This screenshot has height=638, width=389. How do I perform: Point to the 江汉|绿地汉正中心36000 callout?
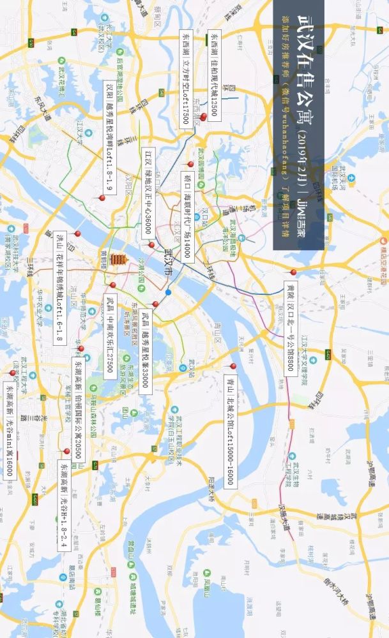point(148,194)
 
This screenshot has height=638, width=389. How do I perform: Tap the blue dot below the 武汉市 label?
point(168,292)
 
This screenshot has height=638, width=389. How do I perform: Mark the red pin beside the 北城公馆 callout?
point(233,366)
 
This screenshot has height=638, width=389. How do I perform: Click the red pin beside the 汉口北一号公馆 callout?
point(294,272)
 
